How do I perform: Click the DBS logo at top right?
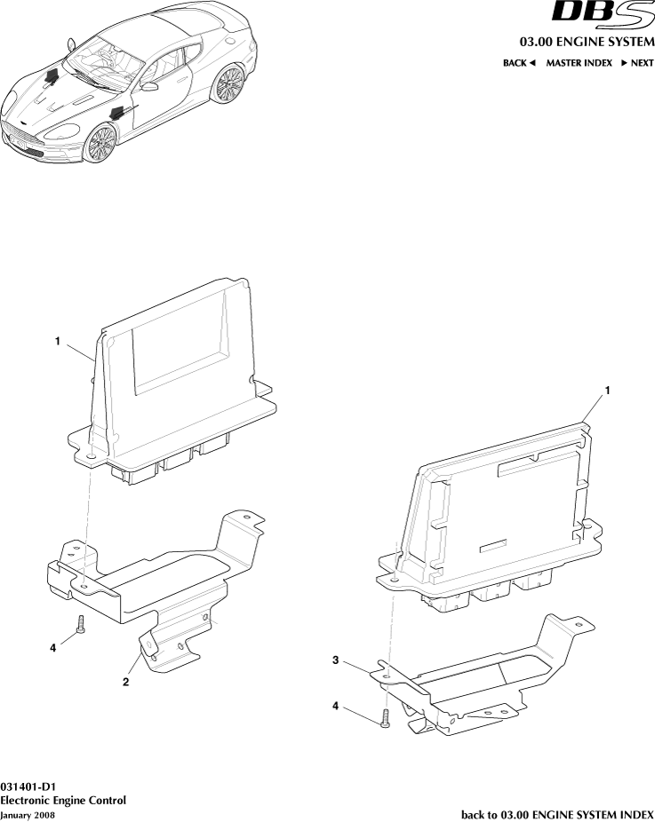[x=603, y=16]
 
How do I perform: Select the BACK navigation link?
[x=519, y=63]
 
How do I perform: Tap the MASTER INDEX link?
[x=579, y=63]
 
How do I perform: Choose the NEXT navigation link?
[x=636, y=63]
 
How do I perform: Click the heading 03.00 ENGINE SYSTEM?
[x=587, y=43]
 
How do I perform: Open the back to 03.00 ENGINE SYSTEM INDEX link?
[x=557, y=814]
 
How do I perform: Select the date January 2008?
[x=28, y=814]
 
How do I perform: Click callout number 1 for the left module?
[x=58, y=340]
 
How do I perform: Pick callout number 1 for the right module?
[x=608, y=391]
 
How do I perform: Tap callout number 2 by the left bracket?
[x=126, y=682]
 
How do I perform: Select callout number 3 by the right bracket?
[x=336, y=660]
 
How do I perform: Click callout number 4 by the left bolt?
[x=53, y=647]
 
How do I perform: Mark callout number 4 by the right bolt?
[x=336, y=706]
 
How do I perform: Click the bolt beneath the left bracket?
[x=80, y=625]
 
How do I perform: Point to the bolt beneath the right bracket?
[x=385, y=719]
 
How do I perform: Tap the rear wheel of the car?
[x=230, y=84]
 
